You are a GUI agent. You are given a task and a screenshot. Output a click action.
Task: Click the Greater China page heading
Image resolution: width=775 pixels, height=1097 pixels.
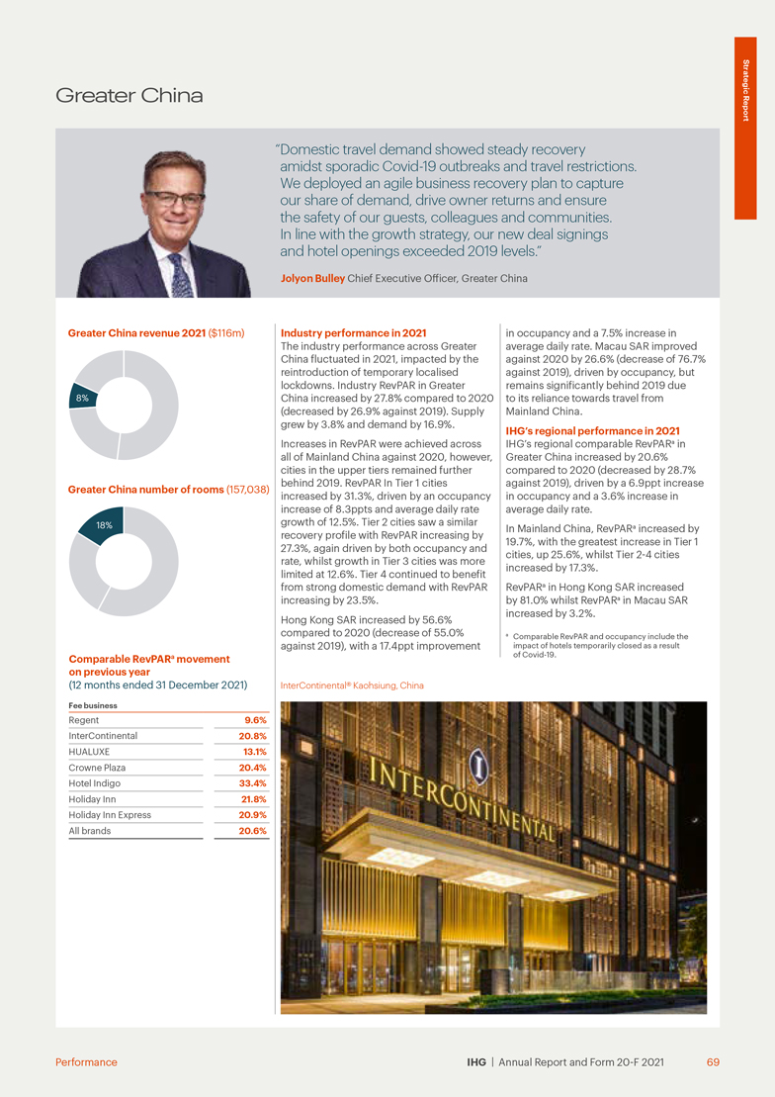click(129, 96)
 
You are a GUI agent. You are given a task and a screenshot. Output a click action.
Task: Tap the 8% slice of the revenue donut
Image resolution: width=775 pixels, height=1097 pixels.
click(83, 398)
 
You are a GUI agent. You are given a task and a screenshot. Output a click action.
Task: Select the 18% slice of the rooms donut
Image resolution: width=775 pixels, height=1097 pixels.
click(103, 524)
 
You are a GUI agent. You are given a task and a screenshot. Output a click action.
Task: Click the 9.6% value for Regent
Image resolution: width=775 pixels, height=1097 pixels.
click(254, 720)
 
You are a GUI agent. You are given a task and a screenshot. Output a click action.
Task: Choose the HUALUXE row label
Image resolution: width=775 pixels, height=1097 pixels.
click(89, 752)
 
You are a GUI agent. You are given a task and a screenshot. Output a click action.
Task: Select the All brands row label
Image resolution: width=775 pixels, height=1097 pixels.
click(90, 831)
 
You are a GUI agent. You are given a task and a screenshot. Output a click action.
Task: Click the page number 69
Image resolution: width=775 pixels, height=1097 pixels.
click(713, 1062)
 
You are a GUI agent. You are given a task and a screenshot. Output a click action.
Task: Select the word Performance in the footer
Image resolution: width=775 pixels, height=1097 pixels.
click(86, 1062)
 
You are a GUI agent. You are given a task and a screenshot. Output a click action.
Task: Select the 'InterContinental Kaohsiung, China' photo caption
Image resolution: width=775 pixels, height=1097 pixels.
click(353, 685)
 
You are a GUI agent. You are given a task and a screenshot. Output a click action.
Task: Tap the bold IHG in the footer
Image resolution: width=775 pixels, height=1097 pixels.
click(476, 1062)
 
